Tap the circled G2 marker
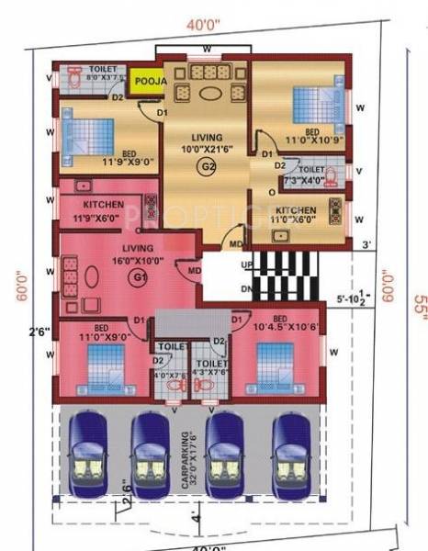pyautogui.click(x=208, y=166)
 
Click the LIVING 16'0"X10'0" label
pyautogui.click(x=128, y=254)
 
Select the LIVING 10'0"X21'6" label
pyautogui.click(x=208, y=142)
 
